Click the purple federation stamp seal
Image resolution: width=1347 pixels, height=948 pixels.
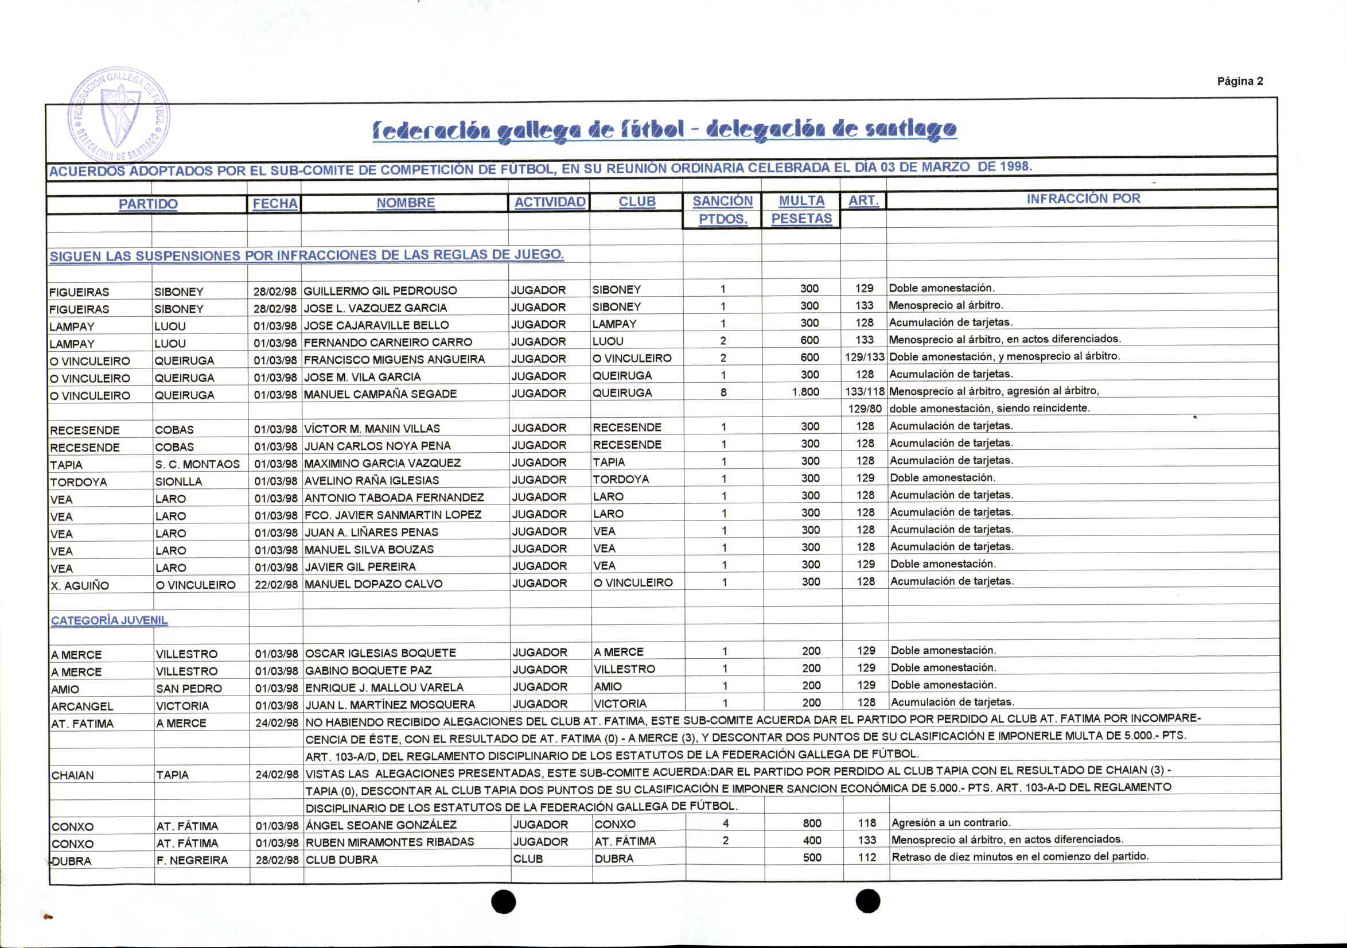[119, 114]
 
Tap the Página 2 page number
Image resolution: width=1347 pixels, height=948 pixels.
[1240, 81]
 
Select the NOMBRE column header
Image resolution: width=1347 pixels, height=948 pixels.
[406, 203]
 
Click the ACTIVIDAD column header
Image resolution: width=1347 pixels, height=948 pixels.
[549, 203]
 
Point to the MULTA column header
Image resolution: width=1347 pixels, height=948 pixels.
[801, 201]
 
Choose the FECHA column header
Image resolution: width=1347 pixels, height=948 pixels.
[275, 204]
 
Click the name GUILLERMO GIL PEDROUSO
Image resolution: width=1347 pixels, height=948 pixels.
[380, 290]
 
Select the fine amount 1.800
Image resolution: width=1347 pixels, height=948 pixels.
[805, 392]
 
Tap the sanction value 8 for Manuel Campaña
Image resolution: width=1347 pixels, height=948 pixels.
[723, 392]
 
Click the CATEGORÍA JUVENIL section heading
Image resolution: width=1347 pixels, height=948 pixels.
[109, 620]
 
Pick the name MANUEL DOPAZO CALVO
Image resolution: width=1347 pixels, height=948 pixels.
[373, 584]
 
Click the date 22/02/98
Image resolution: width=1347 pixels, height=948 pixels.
[276, 585]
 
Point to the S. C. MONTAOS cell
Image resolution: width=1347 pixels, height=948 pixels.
[197, 464]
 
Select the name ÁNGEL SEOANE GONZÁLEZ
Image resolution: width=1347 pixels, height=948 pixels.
[381, 825]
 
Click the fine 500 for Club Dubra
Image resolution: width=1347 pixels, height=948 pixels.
[812, 857]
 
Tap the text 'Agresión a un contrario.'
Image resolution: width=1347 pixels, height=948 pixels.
[951, 822]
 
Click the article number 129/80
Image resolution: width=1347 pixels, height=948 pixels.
[865, 409]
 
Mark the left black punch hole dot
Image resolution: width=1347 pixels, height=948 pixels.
[503, 901]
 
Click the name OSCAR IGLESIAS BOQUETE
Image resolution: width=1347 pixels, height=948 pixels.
[380, 653]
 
